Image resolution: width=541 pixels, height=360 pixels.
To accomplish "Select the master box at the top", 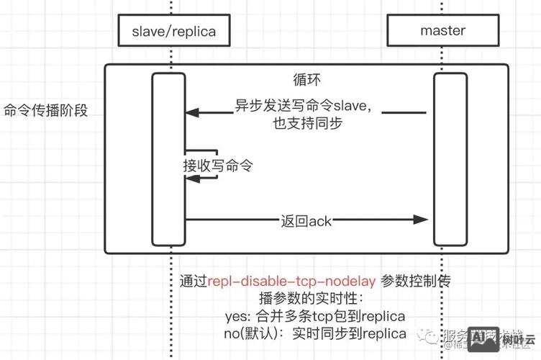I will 442,31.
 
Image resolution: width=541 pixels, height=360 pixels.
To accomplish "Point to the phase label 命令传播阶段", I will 45,111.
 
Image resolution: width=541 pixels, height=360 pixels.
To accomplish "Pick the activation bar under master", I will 446,158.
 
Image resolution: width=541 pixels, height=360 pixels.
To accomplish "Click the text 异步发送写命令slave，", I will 305,105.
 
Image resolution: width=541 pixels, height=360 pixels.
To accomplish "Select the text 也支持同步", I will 306,123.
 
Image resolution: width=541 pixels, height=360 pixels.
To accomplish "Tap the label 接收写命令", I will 218,165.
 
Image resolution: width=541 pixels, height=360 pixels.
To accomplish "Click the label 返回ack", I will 306,220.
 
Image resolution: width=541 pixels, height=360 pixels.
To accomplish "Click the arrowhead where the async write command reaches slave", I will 191,112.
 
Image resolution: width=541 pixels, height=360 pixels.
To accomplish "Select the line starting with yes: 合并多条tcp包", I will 314,317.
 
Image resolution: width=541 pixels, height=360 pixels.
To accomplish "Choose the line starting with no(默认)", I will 315,334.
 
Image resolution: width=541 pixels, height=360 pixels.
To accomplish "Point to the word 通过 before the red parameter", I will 194,282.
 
